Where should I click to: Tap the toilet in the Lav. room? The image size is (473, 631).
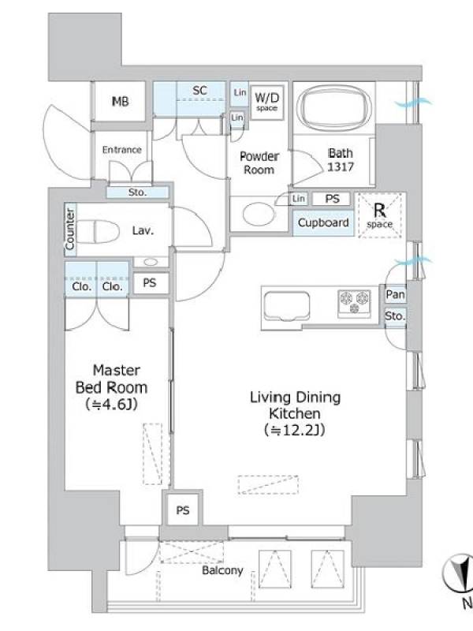[98, 231]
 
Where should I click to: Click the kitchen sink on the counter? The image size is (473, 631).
[286, 307]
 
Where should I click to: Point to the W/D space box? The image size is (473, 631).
[266, 102]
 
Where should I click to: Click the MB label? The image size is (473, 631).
[121, 102]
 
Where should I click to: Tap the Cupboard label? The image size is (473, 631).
[323, 222]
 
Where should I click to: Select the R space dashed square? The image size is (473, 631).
[380, 215]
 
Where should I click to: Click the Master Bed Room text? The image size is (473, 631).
[111, 379]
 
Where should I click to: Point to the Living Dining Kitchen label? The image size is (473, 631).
[295, 405]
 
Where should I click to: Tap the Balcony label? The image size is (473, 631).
[222, 570]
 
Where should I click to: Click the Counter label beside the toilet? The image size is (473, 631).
[70, 230]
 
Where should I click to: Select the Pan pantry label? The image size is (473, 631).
[395, 294]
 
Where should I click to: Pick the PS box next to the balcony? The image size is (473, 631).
[183, 510]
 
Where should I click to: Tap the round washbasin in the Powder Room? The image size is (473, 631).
[259, 214]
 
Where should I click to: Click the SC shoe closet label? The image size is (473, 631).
[200, 91]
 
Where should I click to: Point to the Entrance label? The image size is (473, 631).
[122, 150]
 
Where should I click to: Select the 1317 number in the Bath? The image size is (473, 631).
[341, 166]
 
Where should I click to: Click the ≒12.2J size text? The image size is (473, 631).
[294, 430]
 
